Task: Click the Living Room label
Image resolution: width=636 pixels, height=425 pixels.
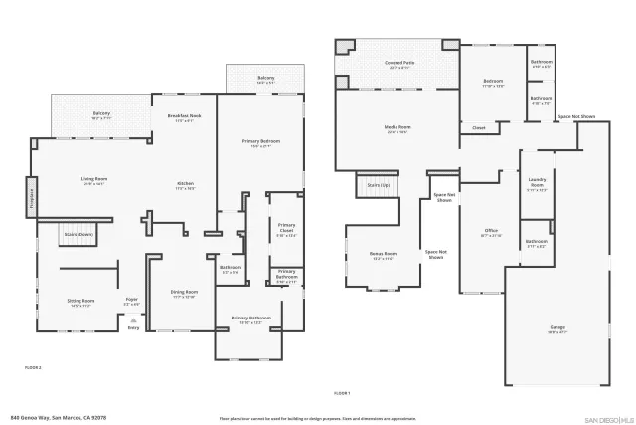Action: (x=94, y=181)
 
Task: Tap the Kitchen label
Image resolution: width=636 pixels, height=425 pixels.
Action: (x=185, y=185)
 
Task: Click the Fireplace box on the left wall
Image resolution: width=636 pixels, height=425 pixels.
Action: (x=32, y=196)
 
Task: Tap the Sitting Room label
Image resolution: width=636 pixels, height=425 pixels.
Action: (x=80, y=302)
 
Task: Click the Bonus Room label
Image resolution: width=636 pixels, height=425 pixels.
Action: (x=384, y=255)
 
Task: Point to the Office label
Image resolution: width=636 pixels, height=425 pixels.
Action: (x=491, y=232)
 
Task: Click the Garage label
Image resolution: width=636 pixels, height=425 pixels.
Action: (x=557, y=329)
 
